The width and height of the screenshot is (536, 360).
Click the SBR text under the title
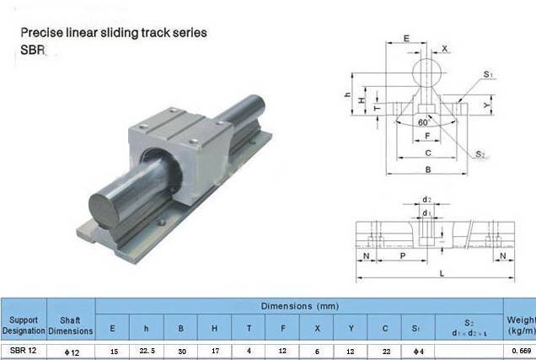[x=33, y=50]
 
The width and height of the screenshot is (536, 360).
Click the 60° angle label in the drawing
[x=423, y=122]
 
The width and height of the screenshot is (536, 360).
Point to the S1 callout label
[x=488, y=74]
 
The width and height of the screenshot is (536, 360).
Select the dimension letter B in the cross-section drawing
[x=428, y=169]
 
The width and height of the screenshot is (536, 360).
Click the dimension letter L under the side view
[x=442, y=273]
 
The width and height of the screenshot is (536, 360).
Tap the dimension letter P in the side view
[x=403, y=255]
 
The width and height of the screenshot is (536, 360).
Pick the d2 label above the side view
[x=426, y=199]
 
